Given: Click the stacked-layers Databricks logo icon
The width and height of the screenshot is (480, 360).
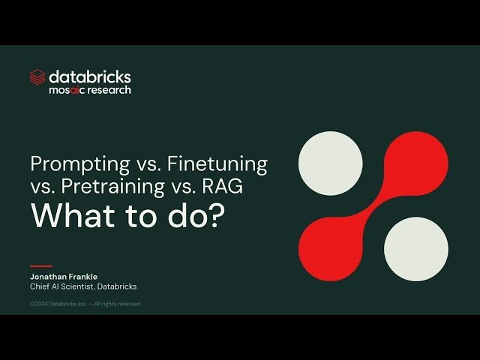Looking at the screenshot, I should tap(37, 76).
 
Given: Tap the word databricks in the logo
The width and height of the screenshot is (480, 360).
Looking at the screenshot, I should tap(90, 76).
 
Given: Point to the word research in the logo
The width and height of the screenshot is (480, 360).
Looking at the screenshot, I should tap(112, 90).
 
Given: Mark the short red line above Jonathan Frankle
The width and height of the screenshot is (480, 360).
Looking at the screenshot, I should tap(40, 266).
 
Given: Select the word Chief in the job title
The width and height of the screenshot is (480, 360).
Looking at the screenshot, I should tap(40, 286).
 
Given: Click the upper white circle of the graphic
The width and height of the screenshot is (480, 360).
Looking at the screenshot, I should tap(331, 163).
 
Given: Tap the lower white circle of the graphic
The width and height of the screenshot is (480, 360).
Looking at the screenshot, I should tap(416, 249).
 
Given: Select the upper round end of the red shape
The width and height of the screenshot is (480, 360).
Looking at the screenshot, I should tap(416, 163).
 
